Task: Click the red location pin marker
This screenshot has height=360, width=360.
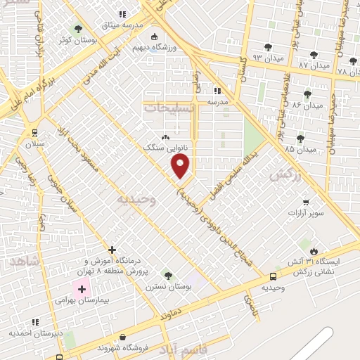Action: coord(181,166)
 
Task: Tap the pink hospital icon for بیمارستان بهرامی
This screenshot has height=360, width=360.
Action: coord(81,289)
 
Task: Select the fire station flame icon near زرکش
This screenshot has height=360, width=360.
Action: coord(314,251)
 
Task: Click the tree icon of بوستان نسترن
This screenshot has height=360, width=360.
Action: coord(167,275)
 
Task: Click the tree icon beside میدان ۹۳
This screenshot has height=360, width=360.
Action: coord(267,47)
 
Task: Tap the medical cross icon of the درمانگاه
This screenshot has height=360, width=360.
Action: coord(112,249)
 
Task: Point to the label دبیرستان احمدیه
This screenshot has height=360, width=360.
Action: coord(36,333)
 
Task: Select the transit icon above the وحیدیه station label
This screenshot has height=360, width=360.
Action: coord(273,277)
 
